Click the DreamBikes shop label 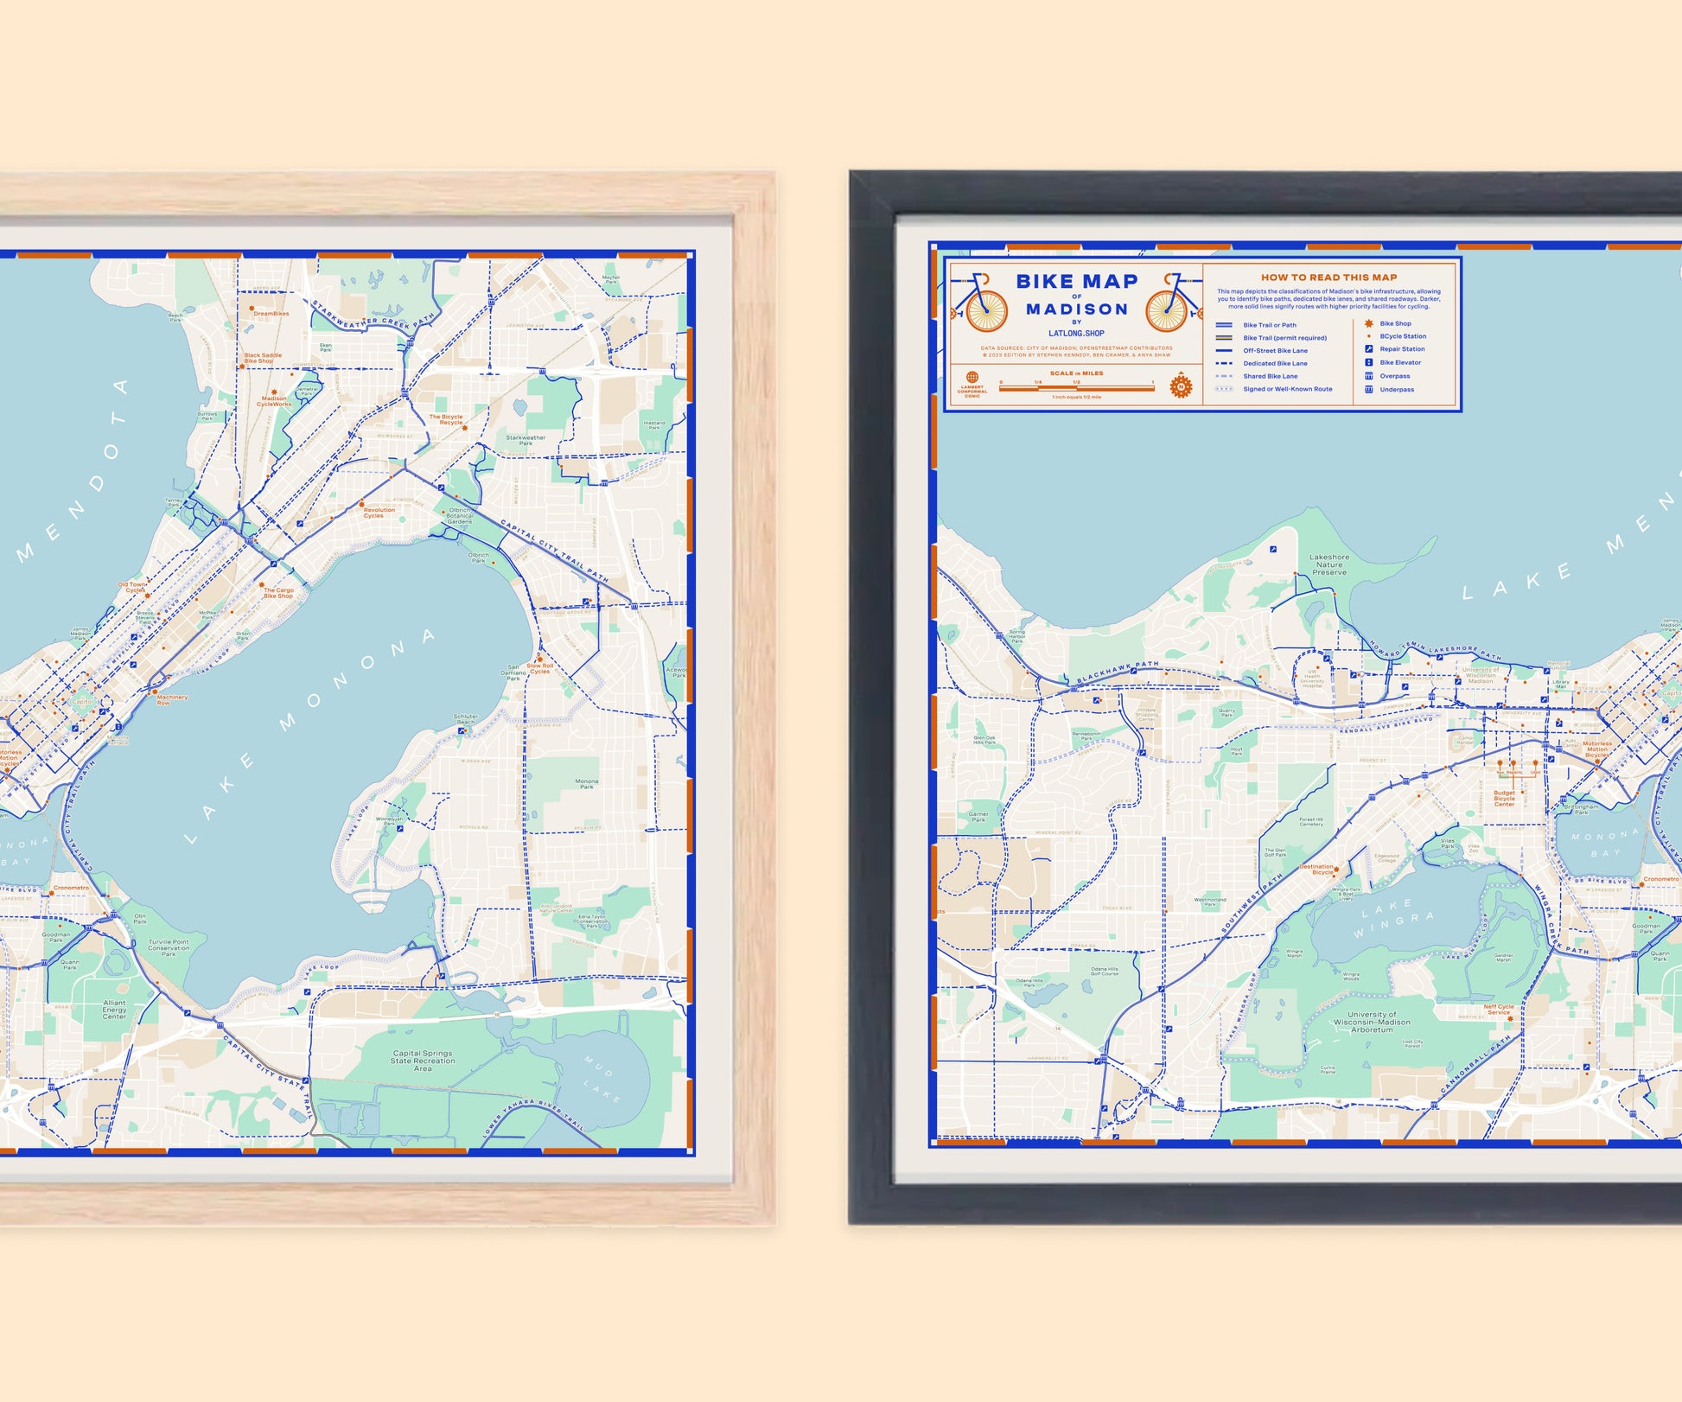(271, 314)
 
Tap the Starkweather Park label (526, 440)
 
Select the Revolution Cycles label (378, 513)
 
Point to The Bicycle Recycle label (446, 419)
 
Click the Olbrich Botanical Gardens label (460, 516)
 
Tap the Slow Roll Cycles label (540, 668)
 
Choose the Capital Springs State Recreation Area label (422, 1061)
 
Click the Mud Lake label (602, 1078)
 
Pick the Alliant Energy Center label (114, 1009)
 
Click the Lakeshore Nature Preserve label (1329, 564)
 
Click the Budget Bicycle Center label (1504, 798)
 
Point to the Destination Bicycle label (1317, 869)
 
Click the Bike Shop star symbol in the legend (1368, 323)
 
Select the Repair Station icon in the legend (1368, 349)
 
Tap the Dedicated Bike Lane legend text (1275, 363)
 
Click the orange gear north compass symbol (1181, 386)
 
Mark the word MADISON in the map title (1077, 309)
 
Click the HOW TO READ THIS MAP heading (1328, 277)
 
